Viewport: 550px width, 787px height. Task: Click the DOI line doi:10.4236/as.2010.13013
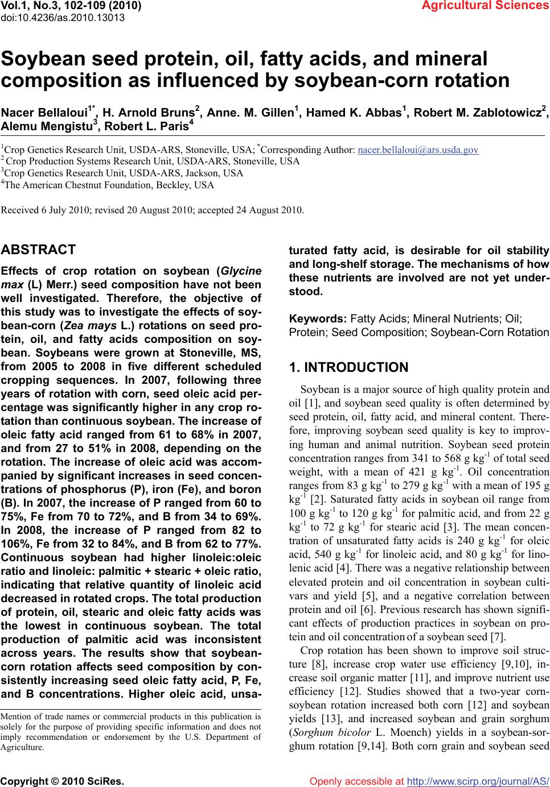63,17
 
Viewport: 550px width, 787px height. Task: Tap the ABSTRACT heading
39,250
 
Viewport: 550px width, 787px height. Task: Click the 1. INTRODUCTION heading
348,367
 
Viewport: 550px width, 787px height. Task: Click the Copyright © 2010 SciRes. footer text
63,781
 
